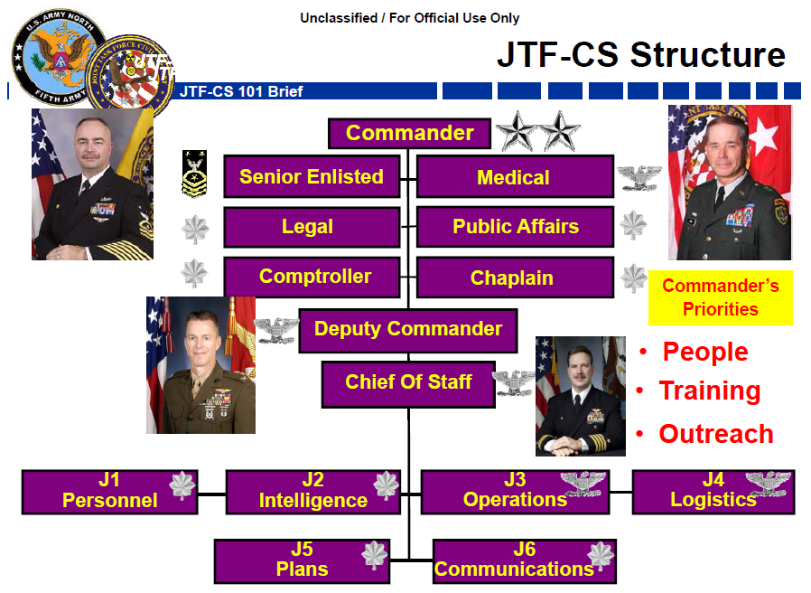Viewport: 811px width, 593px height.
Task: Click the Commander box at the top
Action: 409,134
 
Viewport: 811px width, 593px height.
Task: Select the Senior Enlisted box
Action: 311,177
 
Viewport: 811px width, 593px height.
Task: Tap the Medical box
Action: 514,178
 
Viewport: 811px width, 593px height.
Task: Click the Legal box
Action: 311,227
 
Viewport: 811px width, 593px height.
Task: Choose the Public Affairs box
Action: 514,227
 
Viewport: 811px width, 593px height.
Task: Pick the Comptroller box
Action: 311,277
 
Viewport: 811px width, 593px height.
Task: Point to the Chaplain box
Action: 514,278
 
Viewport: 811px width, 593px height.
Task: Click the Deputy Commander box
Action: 407,330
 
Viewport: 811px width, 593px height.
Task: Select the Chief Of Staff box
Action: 407,382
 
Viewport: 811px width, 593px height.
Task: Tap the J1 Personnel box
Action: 109,491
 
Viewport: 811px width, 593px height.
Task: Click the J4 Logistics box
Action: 713,491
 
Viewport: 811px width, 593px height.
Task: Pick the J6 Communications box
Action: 524,560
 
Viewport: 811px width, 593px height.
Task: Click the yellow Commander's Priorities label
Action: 720,297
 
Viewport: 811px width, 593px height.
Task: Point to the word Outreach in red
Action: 715,434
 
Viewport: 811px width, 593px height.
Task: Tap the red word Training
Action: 709,391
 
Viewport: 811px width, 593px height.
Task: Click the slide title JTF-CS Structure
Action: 640,55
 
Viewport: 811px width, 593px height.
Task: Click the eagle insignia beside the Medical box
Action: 639,177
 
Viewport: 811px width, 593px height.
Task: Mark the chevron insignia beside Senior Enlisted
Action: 194,174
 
